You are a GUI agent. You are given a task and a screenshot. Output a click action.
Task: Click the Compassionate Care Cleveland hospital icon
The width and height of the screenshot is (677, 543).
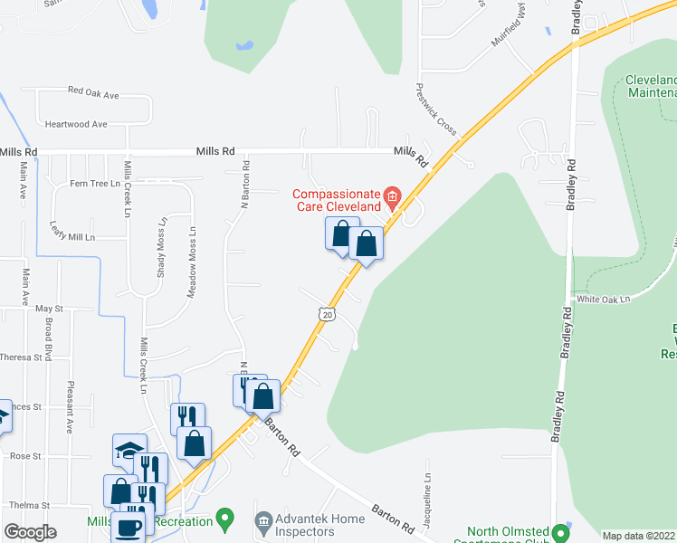click(x=392, y=195)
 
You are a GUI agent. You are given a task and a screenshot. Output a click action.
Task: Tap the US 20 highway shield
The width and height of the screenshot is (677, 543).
click(x=327, y=313)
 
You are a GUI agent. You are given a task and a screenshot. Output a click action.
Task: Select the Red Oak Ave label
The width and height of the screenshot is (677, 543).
click(x=94, y=91)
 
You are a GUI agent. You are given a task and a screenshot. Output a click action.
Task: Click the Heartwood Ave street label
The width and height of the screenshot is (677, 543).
click(x=76, y=124)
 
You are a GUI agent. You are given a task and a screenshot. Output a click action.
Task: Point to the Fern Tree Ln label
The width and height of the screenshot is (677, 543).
click(x=95, y=184)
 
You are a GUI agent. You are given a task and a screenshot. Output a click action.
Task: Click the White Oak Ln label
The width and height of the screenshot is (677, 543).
click(x=603, y=298)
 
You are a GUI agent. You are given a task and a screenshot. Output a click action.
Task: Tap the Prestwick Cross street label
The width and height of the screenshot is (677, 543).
click(x=436, y=110)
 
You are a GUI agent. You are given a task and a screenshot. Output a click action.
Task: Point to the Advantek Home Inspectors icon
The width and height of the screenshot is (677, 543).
click(x=263, y=519)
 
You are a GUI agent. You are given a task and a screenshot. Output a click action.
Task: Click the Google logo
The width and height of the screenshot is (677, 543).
click(x=31, y=532)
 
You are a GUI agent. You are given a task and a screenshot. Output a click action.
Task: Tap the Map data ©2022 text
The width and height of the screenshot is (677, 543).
click(x=638, y=536)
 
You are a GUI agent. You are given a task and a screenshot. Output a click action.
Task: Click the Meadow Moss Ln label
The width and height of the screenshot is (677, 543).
click(x=191, y=267)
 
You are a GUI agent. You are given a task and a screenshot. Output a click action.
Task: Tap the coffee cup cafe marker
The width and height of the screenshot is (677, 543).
click(x=128, y=528)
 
